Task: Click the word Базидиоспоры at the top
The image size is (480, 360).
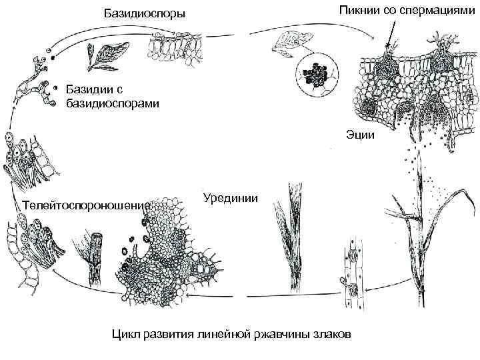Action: pyautogui.click(x=145, y=14)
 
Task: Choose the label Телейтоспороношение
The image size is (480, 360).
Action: pyautogui.click(x=84, y=204)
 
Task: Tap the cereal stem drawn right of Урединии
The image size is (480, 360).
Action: pyautogui.click(x=293, y=240)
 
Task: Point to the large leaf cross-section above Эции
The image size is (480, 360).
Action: pyautogui.click(x=413, y=87)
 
